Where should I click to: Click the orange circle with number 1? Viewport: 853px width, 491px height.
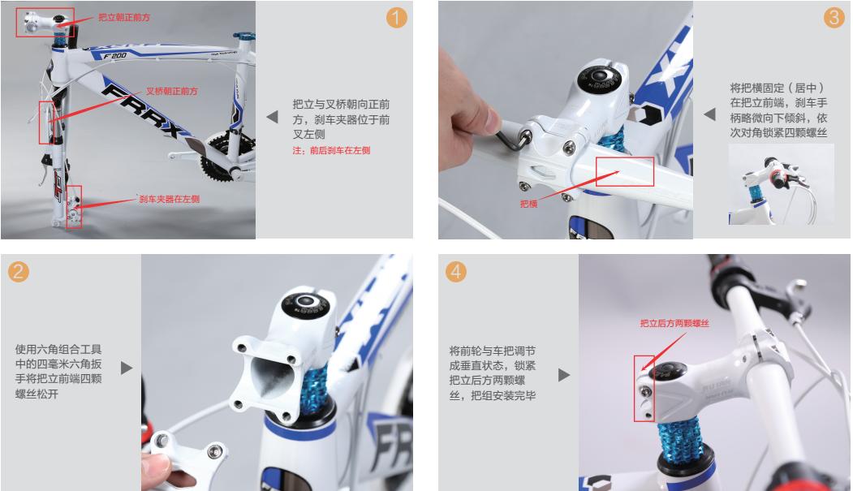(396, 18)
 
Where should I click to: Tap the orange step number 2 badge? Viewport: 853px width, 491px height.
(19, 272)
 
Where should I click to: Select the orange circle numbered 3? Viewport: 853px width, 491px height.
(834, 18)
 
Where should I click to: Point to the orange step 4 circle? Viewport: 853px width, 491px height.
(457, 272)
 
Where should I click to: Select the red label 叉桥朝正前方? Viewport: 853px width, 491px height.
(171, 92)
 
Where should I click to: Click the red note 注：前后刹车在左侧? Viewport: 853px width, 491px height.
(331, 150)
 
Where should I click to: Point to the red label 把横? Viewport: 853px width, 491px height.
(528, 205)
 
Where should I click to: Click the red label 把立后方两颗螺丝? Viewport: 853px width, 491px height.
(674, 323)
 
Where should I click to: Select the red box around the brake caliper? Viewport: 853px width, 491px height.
(74, 206)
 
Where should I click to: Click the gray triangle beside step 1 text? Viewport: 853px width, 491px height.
(272, 117)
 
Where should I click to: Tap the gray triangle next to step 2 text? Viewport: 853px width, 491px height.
(127, 368)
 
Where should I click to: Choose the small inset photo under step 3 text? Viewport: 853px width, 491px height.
(780, 186)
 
